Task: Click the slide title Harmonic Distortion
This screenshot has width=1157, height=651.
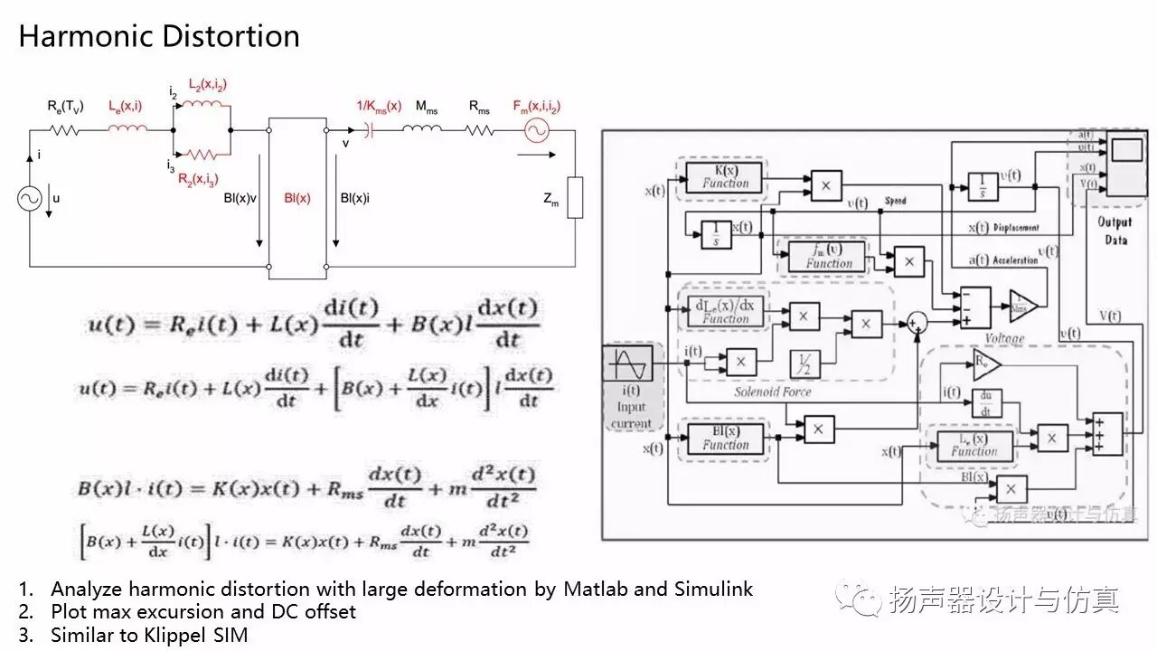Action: point(159,36)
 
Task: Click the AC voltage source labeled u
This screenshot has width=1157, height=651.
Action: point(30,199)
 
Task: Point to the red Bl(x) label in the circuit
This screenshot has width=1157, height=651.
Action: point(297,198)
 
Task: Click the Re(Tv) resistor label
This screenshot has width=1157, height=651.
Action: point(65,107)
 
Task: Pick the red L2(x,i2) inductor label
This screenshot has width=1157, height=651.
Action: point(207,85)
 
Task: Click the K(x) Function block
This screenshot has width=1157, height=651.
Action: point(726,175)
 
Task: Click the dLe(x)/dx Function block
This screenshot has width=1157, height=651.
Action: point(726,310)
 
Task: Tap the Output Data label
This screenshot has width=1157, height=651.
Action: point(1115,231)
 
